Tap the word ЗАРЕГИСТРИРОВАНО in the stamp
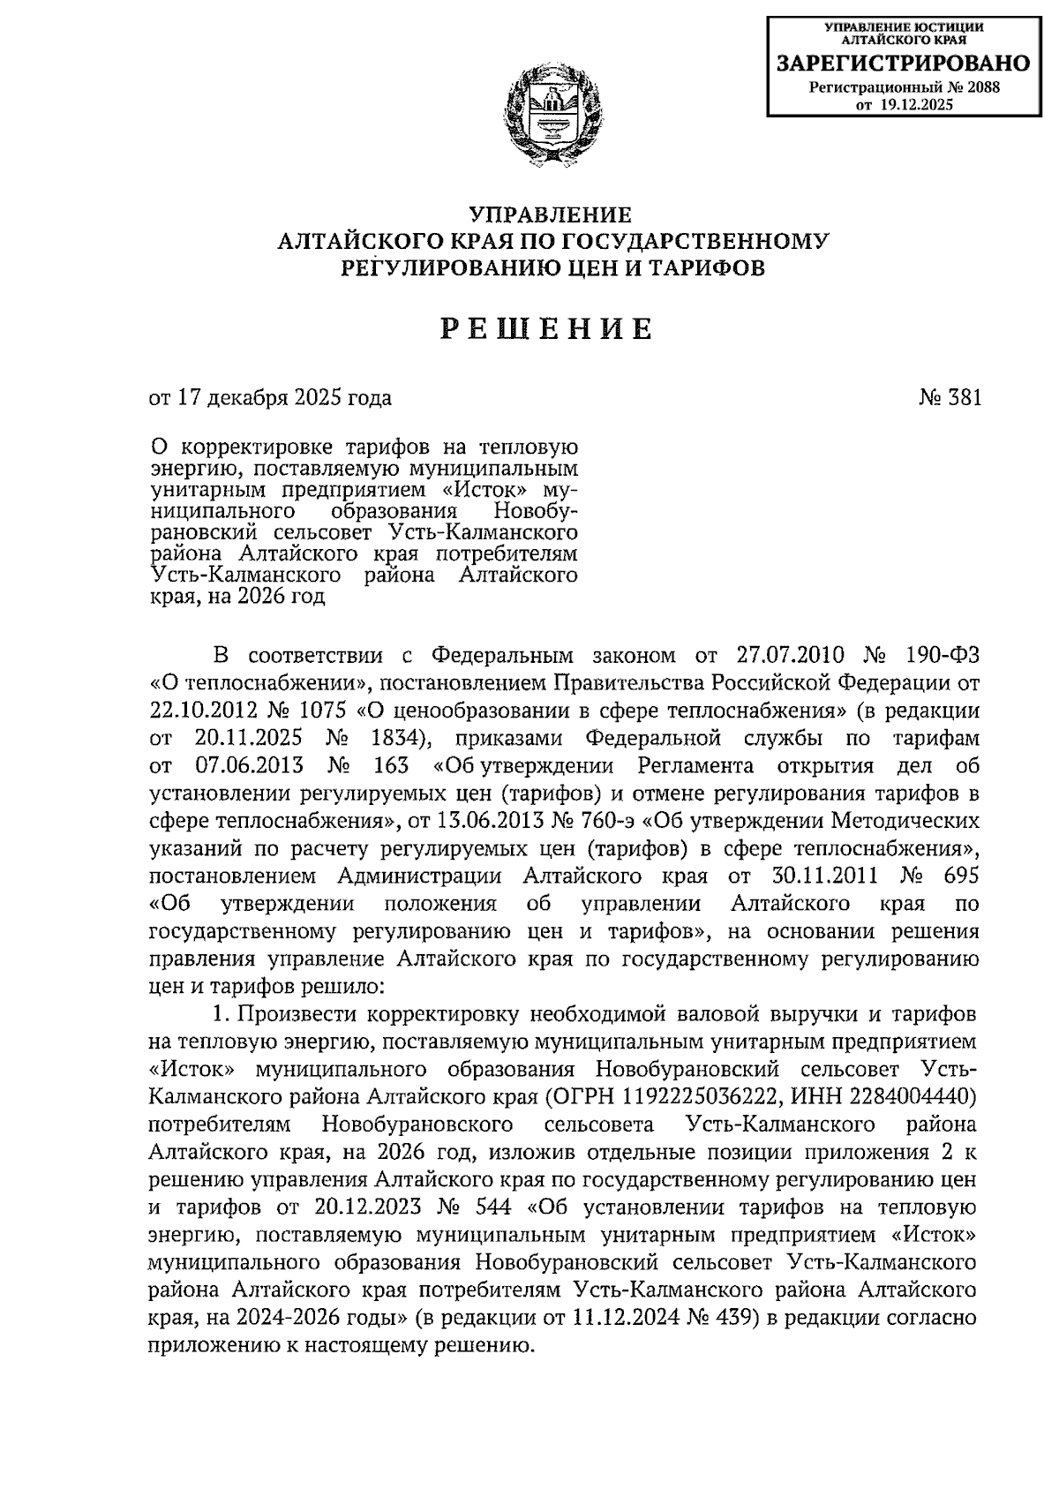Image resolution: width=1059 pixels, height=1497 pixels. click(902, 64)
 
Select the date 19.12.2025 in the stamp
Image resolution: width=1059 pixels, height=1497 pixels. click(917, 105)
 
